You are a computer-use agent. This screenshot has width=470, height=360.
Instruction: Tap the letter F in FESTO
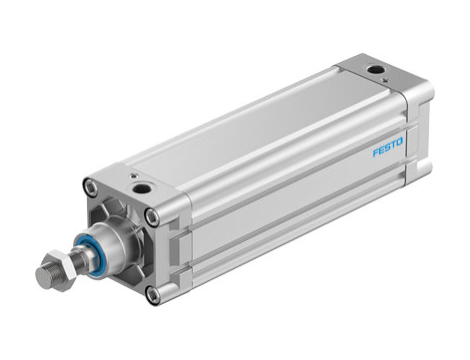[x=376, y=154]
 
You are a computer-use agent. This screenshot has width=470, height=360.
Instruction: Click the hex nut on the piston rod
[x=50, y=271]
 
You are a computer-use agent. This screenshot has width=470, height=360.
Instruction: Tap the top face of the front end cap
[x=135, y=185]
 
